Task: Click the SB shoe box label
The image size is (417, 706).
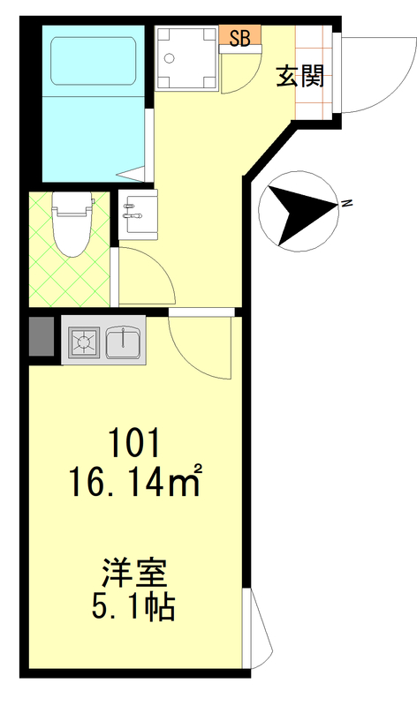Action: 239,38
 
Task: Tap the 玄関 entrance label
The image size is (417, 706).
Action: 300,76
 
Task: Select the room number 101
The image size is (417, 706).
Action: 135,443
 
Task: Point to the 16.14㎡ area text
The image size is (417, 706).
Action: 135,481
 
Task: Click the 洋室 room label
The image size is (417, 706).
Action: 134,572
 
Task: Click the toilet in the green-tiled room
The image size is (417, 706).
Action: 72,224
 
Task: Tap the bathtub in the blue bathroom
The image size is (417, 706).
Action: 94,61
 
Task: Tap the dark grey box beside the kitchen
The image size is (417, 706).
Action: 42,336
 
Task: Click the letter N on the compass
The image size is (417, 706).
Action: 346,204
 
